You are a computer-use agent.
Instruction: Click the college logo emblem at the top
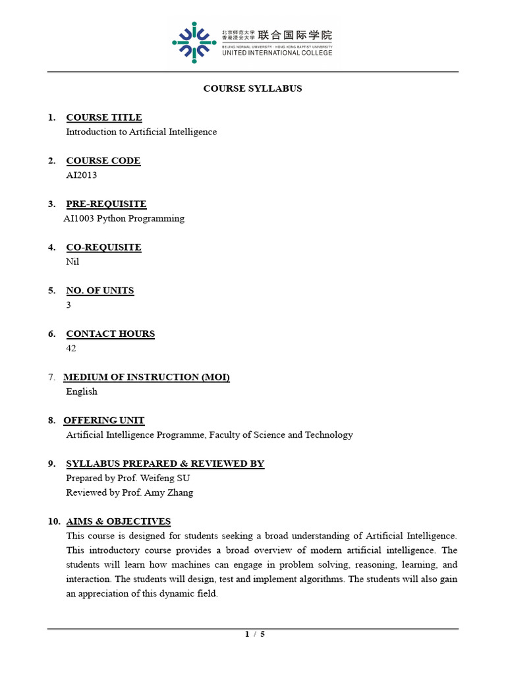coord(194,43)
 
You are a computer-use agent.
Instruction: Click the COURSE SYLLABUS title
coord(252,88)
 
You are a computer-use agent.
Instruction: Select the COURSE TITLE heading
coord(104,117)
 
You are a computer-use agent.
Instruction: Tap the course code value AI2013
coord(82,175)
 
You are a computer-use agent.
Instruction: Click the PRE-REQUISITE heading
coord(106,204)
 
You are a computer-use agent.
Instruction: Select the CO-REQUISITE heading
coord(103,247)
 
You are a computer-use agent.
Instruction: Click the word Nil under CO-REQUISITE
coord(72,262)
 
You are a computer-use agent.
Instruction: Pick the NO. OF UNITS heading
coord(100,291)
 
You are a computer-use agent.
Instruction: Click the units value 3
coord(69,305)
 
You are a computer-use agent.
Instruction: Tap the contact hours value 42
coord(71,348)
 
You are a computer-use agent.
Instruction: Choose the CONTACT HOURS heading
coord(111,334)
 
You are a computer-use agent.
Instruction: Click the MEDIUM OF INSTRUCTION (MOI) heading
coord(146,377)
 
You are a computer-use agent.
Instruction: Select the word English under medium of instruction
coord(82,392)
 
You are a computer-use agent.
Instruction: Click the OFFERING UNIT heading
coord(104,421)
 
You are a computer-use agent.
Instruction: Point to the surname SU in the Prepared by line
coord(183,478)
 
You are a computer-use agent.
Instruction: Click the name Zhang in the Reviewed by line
coord(181,492)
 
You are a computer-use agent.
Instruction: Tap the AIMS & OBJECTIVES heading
coord(119,521)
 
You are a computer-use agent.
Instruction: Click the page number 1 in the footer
coord(247,634)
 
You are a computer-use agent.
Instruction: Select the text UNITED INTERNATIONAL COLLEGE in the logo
coord(277,53)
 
